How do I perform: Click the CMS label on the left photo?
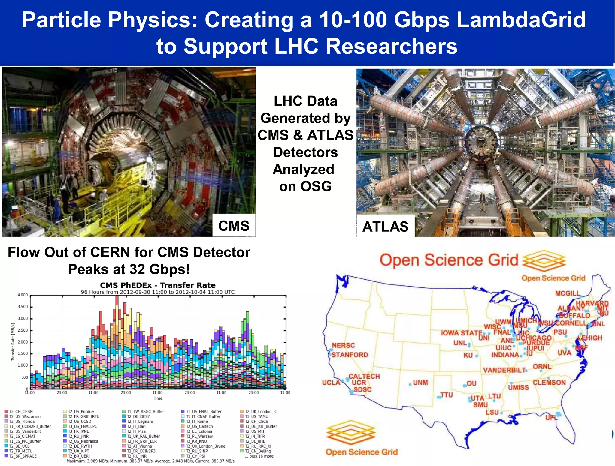click(x=234, y=226)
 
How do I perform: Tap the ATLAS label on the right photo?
click(x=385, y=227)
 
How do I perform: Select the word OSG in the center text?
click(x=316, y=186)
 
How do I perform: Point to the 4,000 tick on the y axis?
click(x=23, y=295)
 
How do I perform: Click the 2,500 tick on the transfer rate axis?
click(x=23, y=330)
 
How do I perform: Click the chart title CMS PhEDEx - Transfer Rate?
click(x=158, y=285)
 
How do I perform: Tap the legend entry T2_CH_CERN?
click(x=21, y=412)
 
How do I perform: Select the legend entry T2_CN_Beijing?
click(x=258, y=451)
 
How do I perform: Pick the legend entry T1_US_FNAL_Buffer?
click(x=204, y=412)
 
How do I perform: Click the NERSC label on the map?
click(x=343, y=345)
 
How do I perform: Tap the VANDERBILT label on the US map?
click(x=504, y=370)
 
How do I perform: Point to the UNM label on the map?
click(x=420, y=383)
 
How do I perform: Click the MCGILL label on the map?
click(x=567, y=293)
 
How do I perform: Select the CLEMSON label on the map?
click(x=549, y=383)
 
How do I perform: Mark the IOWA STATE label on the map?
click(x=461, y=333)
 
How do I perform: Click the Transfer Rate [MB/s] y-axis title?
click(x=13, y=342)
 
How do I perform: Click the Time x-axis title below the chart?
click(x=158, y=398)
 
